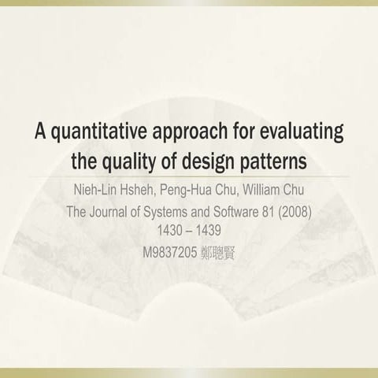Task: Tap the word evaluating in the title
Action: pyautogui.click(x=302, y=131)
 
